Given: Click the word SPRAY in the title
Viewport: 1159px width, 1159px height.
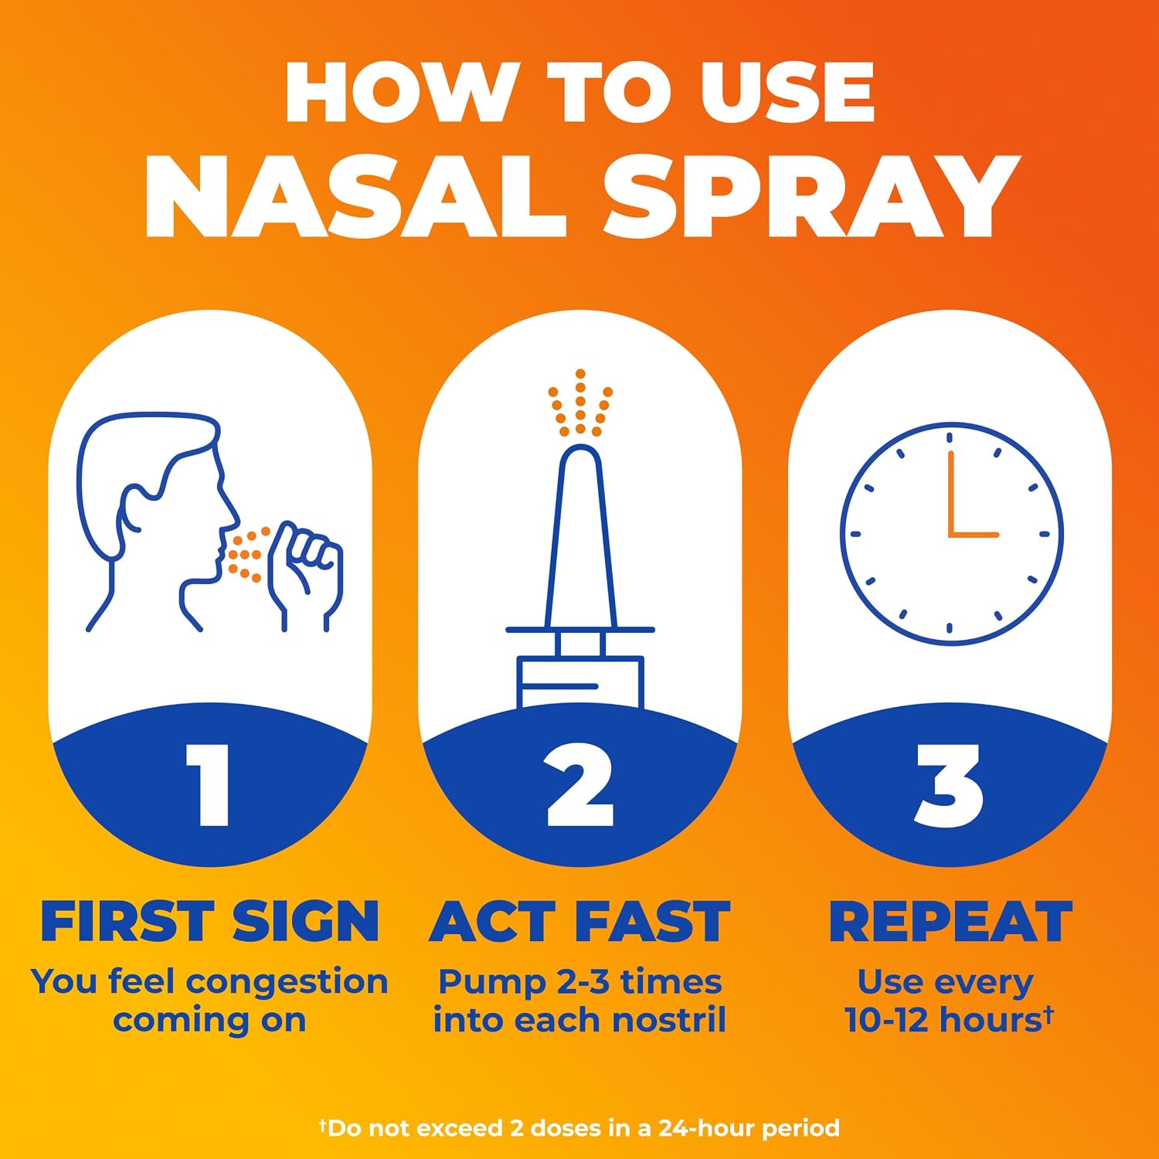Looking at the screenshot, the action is click(811, 196).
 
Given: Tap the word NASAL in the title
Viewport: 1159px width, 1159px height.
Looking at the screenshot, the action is click(355, 196).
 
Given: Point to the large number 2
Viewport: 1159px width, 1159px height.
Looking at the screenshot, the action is click(579, 785).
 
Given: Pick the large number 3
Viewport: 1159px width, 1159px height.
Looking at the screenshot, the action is click(950, 785).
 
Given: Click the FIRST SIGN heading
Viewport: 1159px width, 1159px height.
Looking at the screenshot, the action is click(209, 921).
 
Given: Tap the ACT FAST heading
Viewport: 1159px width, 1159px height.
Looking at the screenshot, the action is click(579, 921).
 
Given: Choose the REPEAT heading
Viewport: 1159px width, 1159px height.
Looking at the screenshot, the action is click(950, 921).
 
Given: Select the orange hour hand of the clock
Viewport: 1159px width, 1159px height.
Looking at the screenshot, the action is click(974, 534).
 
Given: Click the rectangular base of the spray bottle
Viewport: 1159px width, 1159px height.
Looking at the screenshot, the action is click(579, 681).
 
